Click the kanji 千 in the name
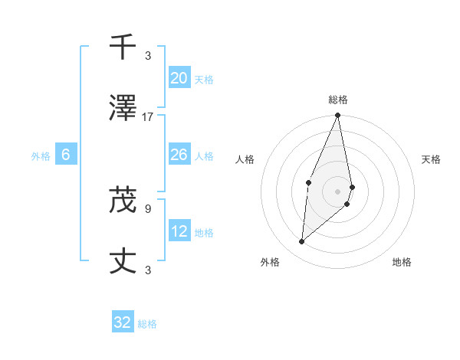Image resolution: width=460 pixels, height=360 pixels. pos(123,47)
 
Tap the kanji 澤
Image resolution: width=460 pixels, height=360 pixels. pos(123,109)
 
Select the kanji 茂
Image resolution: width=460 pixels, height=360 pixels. pos(123,201)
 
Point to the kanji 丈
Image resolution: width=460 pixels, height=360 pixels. pos(123,262)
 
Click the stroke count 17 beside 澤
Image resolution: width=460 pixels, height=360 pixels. pos(148,116)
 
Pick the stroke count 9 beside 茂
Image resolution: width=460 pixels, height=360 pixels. pos(148,208)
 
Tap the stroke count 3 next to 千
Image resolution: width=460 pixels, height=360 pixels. pos(148,55)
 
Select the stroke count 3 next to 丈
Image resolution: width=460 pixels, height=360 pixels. pos(148,270)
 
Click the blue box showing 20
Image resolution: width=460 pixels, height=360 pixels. pos(179,77)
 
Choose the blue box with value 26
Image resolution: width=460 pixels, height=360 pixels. pos(179,155)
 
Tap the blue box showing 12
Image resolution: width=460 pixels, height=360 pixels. pos(179,231)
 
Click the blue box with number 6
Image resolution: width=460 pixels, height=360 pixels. pos(66,155)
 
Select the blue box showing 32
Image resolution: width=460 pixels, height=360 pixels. pos(123,322)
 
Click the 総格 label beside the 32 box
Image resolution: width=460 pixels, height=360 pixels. pos(147,324)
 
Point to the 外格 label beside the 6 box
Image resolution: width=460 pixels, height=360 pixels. pos(41,156)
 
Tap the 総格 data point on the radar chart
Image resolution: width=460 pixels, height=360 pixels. pos(337,116)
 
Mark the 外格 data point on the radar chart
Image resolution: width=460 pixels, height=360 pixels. pos(302,242)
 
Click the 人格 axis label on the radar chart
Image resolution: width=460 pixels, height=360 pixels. pos(245,159)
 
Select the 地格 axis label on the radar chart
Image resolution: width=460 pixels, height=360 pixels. pos(402,262)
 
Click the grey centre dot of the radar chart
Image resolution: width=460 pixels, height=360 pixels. pos(337,191)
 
